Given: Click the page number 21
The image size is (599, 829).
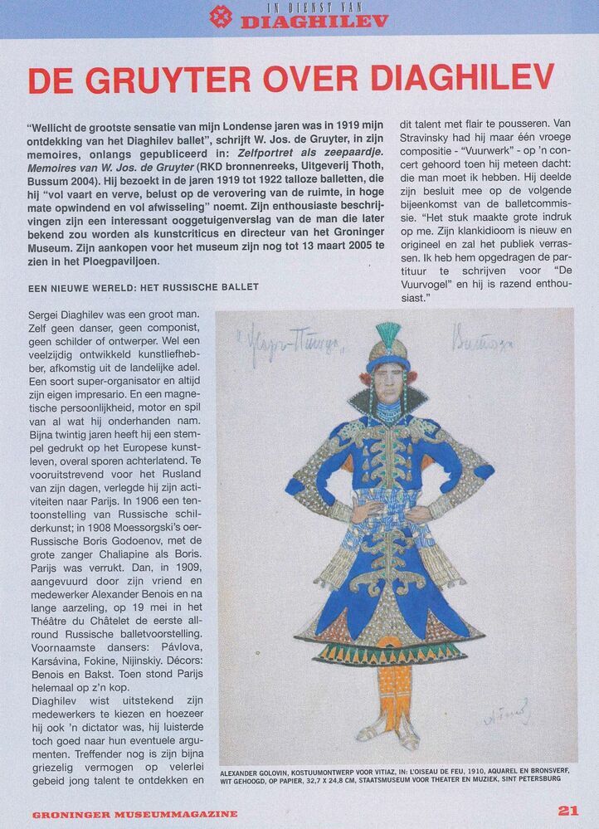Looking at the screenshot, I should [568, 811].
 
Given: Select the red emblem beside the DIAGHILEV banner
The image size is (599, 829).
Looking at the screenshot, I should [221, 16].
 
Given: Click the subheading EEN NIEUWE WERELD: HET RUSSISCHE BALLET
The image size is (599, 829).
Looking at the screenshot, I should [143, 287].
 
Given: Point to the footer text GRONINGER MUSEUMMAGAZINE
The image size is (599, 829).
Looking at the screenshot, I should [134, 814].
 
